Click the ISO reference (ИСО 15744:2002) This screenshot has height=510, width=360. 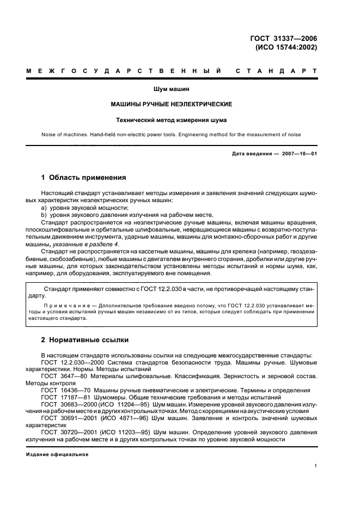click(286, 47)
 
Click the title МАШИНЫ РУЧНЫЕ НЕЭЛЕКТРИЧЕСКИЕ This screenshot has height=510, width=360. click(172, 104)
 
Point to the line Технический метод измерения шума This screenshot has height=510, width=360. click(172, 119)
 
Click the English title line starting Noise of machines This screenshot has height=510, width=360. click(172, 134)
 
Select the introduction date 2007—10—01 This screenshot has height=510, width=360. click(300, 154)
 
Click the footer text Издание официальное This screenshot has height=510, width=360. click(57, 454)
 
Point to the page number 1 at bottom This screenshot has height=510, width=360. click(316, 466)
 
